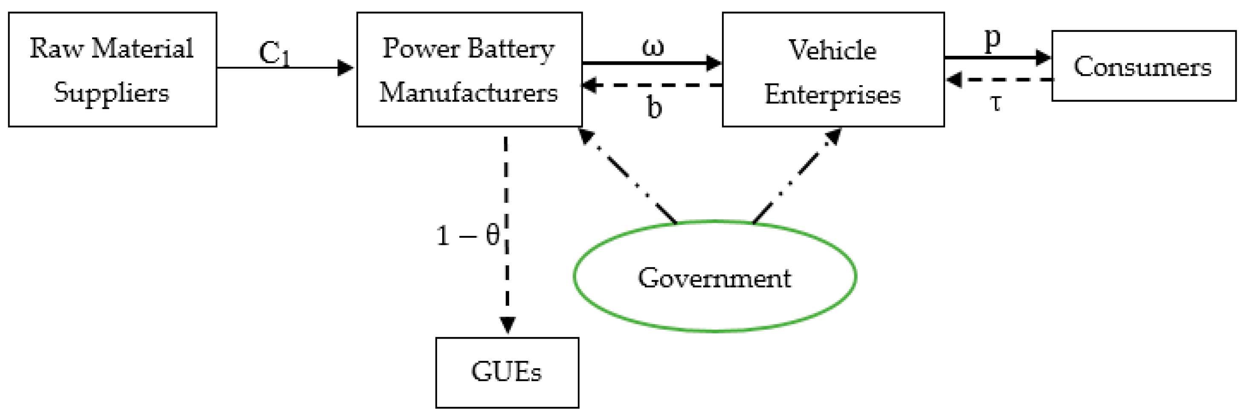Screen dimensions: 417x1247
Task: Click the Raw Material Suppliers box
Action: [x=112, y=70]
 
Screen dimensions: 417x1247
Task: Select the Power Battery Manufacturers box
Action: [x=469, y=70]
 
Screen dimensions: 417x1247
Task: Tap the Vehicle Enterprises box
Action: [x=832, y=70]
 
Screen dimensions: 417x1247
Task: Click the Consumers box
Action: [x=1143, y=66]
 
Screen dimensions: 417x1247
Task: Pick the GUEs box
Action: [x=507, y=373]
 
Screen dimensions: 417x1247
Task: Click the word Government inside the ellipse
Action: [x=714, y=278]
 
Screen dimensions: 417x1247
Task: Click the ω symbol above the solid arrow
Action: [x=653, y=47]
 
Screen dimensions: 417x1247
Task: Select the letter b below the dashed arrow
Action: [x=654, y=107]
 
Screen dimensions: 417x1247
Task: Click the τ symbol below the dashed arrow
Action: [x=995, y=103]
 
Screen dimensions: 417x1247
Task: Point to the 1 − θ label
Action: [x=467, y=236]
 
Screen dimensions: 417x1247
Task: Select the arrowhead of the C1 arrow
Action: [x=345, y=67]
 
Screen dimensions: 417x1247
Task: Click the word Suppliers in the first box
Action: [x=112, y=92]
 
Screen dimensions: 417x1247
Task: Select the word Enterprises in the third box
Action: [x=832, y=94]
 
